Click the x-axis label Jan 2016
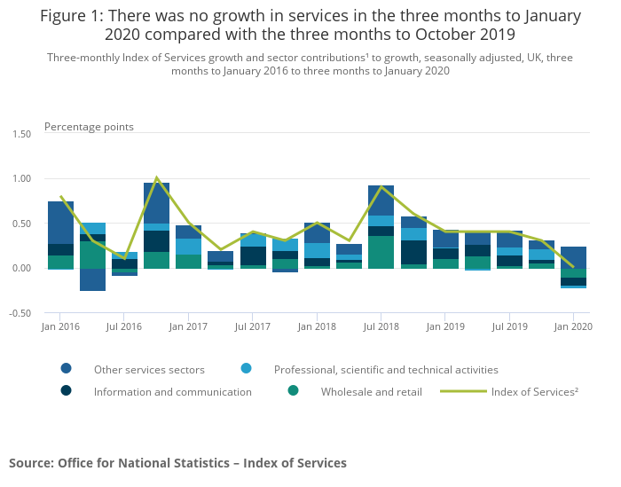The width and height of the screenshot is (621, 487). [x=60, y=326]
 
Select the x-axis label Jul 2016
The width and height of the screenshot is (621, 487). [x=124, y=326]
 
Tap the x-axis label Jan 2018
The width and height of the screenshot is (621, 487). [x=317, y=326]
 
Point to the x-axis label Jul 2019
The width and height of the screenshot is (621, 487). [x=509, y=326]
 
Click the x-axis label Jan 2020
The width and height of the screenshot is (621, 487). [x=573, y=326]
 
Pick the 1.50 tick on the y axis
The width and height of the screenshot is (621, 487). [x=20, y=134]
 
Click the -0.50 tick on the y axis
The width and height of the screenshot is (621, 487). [x=20, y=313]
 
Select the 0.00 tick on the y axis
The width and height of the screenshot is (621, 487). [x=20, y=268]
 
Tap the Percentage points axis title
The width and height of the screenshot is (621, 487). [x=89, y=127]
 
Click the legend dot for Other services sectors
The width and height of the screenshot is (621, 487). [x=67, y=369]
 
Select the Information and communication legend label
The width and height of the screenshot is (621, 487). [x=173, y=391]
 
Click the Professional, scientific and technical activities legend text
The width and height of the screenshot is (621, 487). [x=386, y=369]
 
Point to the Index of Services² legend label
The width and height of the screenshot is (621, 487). [x=534, y=391]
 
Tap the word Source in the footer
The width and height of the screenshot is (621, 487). [x=31, y=463]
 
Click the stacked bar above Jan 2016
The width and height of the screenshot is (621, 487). [x=60, y=235]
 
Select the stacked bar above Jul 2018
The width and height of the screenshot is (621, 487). [x=381, y=226]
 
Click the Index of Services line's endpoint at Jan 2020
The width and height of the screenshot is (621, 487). [x=573, y=267]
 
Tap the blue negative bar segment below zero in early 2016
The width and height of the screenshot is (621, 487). [x=92, y=279]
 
